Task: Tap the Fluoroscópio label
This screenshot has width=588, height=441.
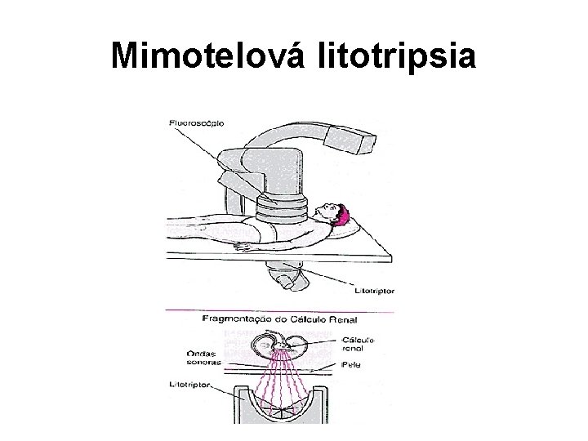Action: click(197, 122)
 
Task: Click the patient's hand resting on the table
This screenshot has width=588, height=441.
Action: click(240, 244)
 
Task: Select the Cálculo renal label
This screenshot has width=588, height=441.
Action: click(359, 344)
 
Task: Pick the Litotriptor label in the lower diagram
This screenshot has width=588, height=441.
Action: click(189, 383)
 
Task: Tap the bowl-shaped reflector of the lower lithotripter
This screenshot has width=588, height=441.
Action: click(282, 408)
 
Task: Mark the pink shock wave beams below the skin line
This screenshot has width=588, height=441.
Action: click(282, 388)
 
